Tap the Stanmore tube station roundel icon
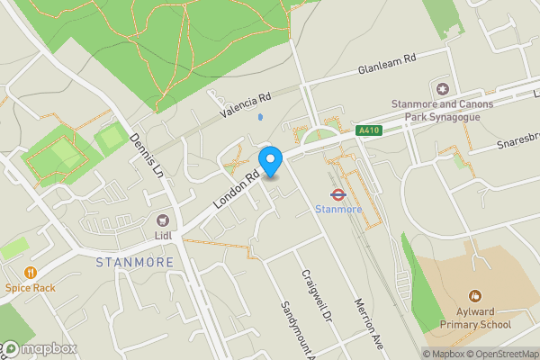tap(338, 193)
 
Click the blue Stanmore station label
tap(338, 209)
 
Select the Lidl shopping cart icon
tap(163, 220)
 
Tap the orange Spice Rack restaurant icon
tap(31, 272)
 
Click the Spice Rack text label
tap(31, 288)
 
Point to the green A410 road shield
tap(367, 130)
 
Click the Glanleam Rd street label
tap(390, 63)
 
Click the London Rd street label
tap(237, 192)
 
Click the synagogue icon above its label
tap(442, 88)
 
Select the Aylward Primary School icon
tap(475, 295)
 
